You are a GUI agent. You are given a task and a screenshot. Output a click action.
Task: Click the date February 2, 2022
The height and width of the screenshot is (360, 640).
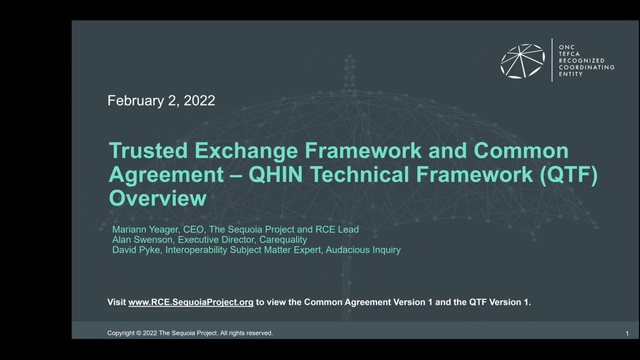click(161, 100)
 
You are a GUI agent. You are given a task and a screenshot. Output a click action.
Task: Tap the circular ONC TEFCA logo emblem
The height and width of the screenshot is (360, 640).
click(522, 61)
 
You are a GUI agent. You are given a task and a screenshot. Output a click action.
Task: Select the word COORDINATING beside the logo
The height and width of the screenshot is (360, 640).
click(586, 67)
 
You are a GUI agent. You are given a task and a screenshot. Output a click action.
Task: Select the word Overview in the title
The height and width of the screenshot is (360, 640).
click(157, 198)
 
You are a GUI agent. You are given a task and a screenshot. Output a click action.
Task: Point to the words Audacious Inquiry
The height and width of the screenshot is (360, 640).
click(363, 249)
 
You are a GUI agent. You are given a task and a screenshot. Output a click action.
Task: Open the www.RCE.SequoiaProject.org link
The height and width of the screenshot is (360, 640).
click(190, 302)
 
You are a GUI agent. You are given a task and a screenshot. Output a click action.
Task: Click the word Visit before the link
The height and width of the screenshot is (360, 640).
click(116, 302)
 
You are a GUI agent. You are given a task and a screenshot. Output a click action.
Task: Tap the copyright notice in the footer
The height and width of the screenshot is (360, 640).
click(190, 333)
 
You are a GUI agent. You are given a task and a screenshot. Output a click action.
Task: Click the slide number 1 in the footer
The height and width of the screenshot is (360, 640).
click(627, 333)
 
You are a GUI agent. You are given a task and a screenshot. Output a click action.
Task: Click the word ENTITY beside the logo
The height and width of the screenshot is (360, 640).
click(570, 74)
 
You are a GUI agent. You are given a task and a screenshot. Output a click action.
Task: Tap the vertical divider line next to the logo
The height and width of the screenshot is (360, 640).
click(552, 60)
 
